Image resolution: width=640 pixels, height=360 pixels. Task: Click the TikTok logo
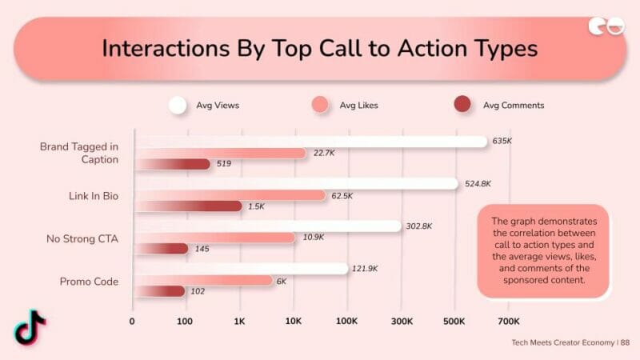30,326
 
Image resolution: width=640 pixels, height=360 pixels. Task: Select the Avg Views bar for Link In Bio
296,184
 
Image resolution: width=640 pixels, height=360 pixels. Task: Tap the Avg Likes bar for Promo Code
204,281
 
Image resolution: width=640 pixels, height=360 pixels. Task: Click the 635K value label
502,141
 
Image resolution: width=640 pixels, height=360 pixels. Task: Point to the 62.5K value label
343,195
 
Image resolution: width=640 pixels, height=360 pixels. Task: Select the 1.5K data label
256,206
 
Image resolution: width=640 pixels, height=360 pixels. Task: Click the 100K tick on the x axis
347,321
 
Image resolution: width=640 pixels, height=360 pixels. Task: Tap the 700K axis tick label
509,321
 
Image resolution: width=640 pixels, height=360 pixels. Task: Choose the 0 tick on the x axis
133,321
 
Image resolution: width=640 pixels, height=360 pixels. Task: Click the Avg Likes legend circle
319,105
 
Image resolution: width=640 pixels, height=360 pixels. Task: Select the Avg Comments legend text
514,105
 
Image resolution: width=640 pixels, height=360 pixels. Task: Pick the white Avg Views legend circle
178,105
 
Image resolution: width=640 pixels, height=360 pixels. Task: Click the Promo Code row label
90,281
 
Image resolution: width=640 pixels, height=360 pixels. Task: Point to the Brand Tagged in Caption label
79,153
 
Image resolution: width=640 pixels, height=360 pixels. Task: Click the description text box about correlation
542,250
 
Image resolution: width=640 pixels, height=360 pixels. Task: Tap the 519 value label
223,164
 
